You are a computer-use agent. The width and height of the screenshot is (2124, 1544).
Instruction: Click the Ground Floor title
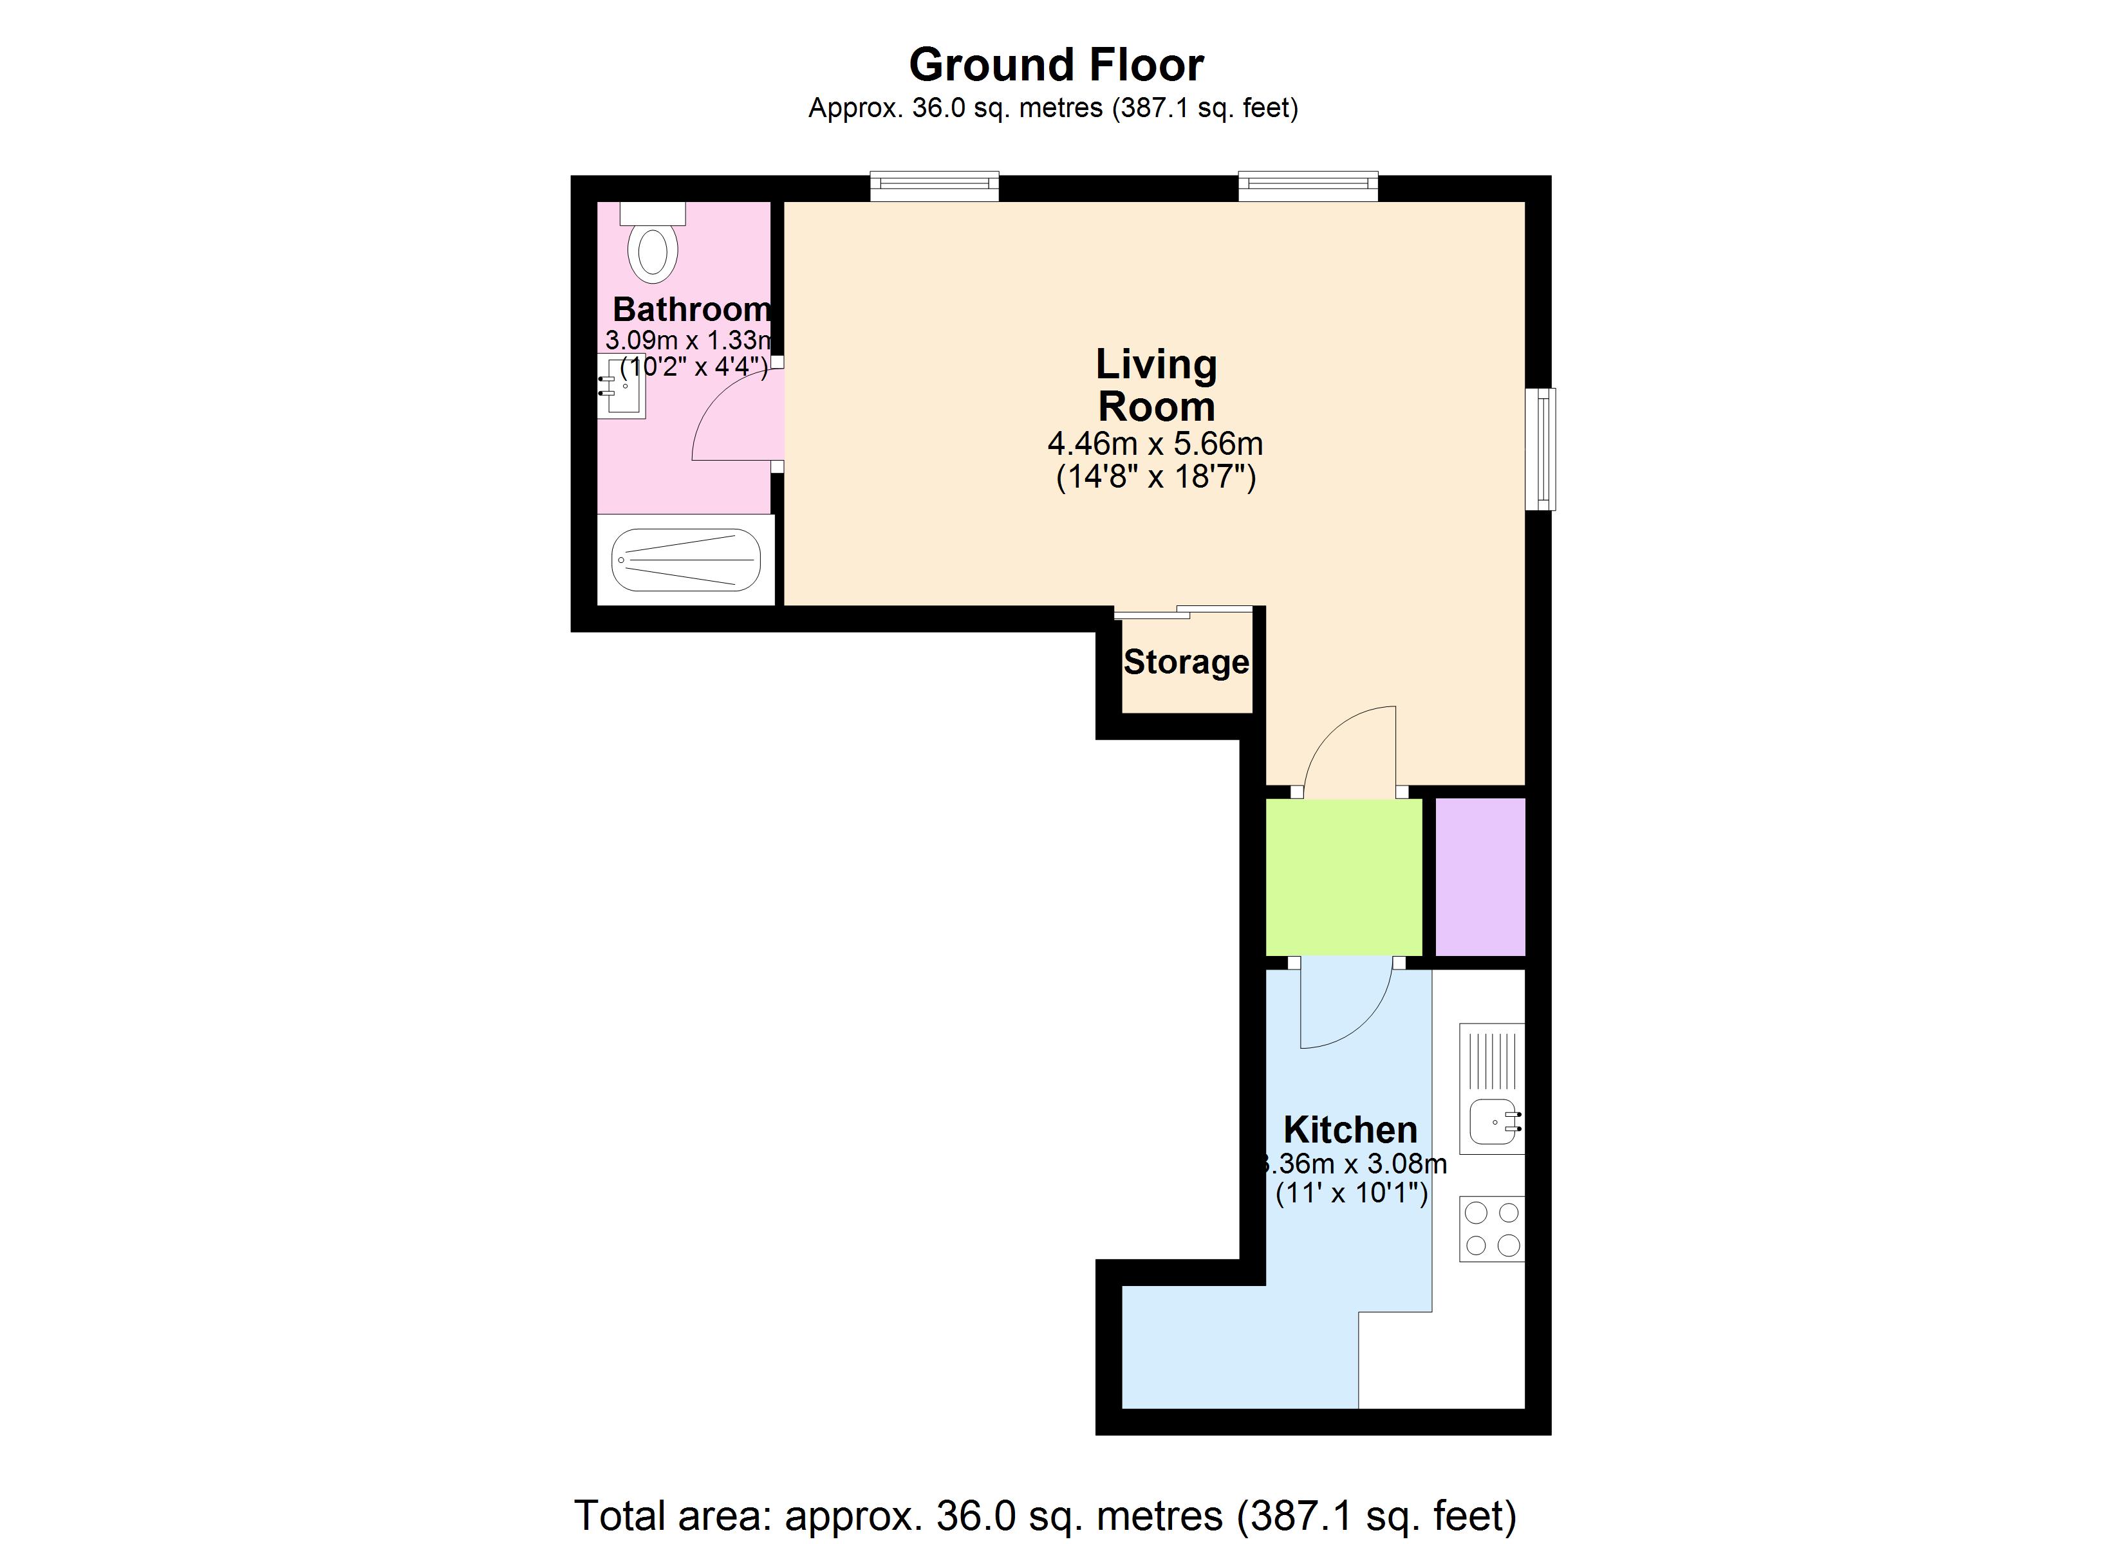(x=1056, y=64)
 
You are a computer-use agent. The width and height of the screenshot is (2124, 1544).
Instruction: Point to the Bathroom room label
(x=691, y=308)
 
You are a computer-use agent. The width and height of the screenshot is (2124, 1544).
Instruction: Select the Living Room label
(x=1156, y=385)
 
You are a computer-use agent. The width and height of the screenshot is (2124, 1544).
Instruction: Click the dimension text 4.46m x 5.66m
(x=1155, y=443)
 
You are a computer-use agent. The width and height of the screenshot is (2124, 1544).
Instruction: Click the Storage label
(x=1186, y=662)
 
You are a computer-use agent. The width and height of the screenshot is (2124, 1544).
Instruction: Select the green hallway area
(x=1343, y=876)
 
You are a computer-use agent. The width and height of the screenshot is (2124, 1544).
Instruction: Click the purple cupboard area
(x=1480, y=876)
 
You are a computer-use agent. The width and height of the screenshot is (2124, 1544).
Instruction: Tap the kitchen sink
(x=1493, y=1121)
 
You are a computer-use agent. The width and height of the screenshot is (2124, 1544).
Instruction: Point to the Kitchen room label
(x=1350, y=1130)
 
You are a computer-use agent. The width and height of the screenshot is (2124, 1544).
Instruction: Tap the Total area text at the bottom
(x=1044, y=1514)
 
